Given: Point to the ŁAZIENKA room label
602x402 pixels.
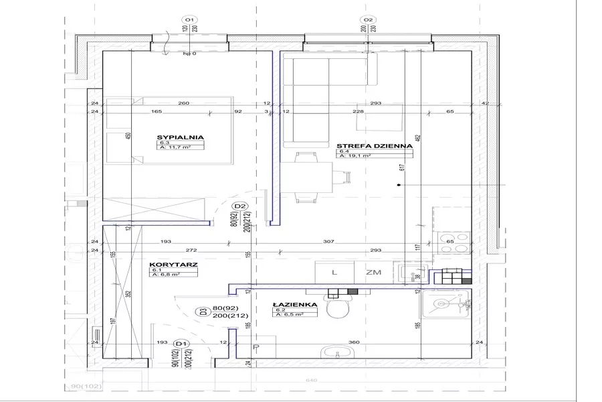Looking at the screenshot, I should [290, 304].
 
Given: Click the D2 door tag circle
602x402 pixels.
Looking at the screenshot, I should [241, 206].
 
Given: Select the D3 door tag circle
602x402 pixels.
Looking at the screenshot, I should [201, 311].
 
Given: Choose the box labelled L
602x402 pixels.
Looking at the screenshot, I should [334, 272].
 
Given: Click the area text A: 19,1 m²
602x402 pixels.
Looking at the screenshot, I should [355, 156].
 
